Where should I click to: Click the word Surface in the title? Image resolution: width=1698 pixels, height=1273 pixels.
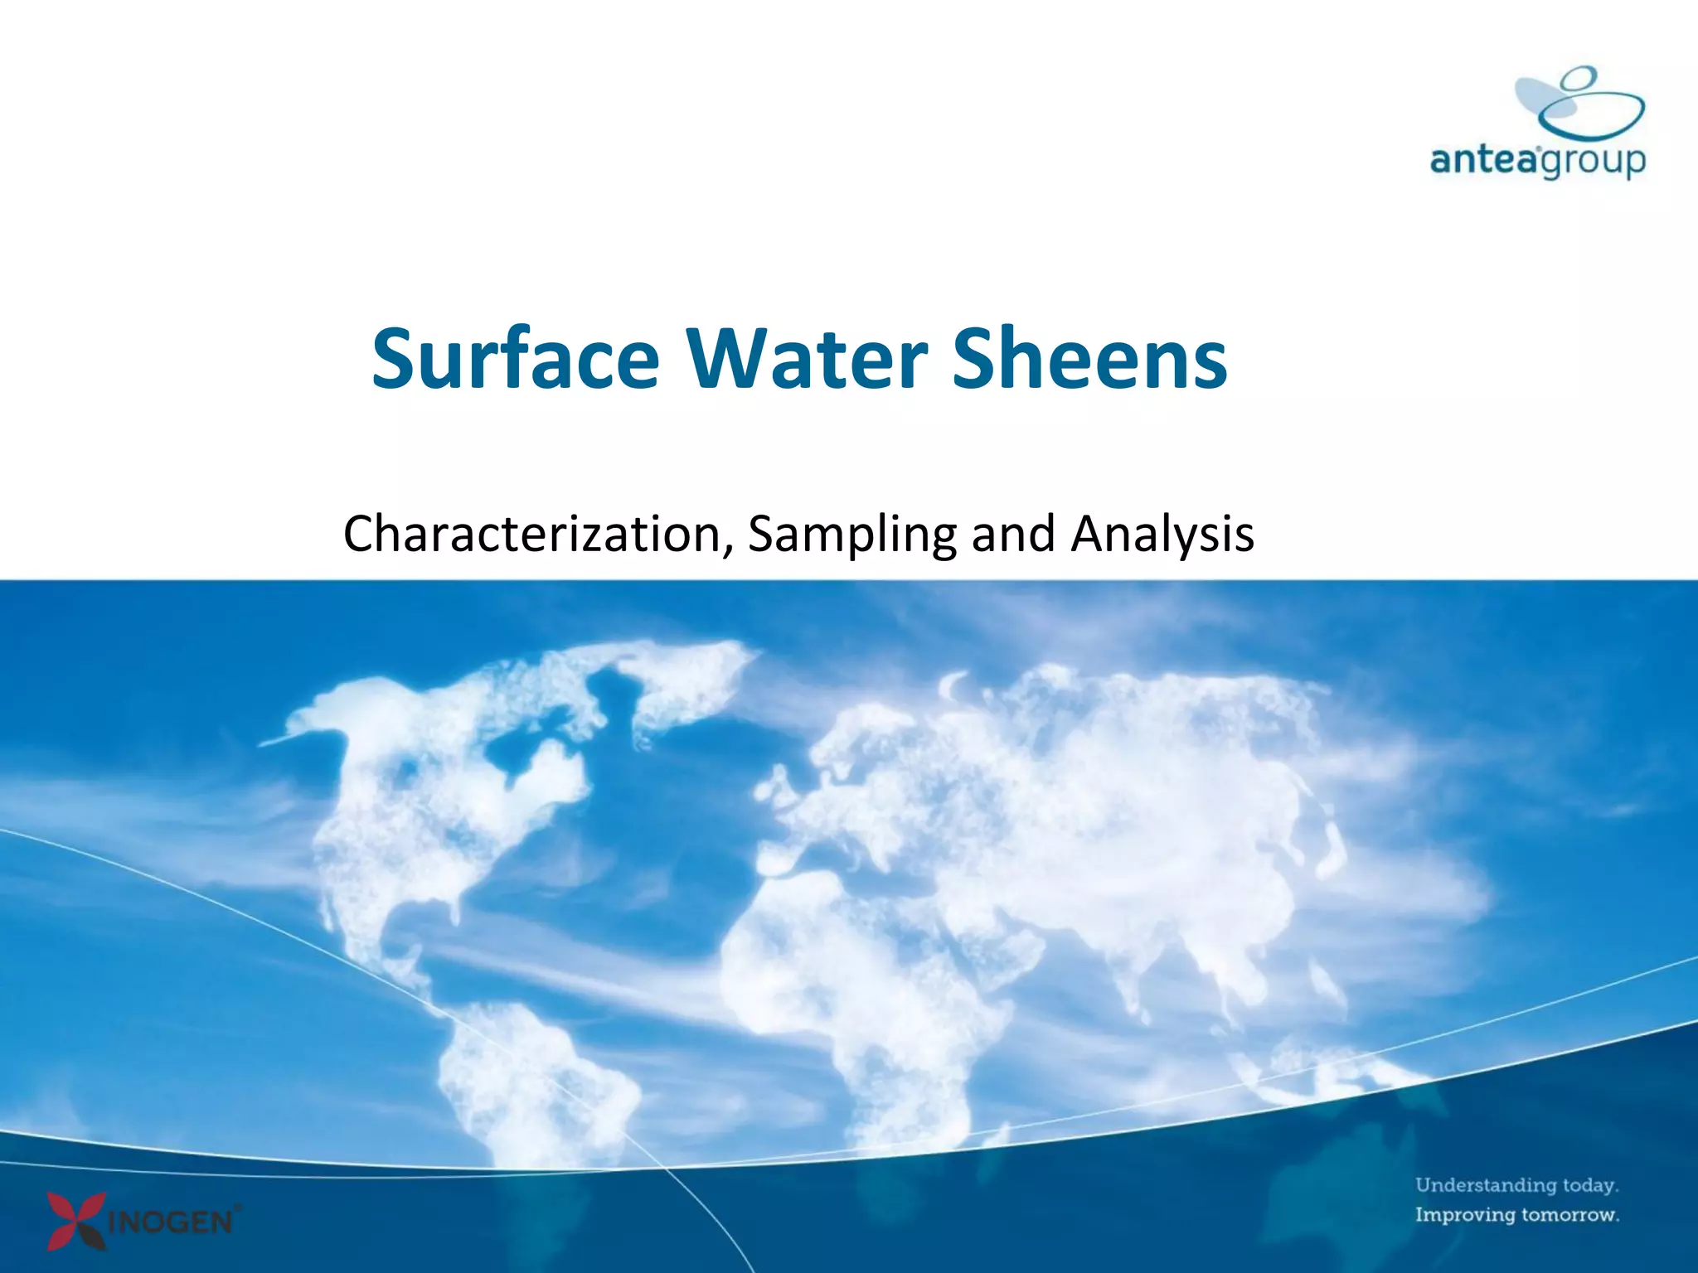point(515,359)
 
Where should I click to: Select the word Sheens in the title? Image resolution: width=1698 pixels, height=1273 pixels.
point(1089,359)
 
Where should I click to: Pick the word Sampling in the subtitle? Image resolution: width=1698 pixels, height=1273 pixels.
point(851,534)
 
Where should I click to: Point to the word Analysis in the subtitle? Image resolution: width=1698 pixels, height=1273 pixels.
point(1162,534)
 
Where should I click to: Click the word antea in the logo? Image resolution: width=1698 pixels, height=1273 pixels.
point(1484,159)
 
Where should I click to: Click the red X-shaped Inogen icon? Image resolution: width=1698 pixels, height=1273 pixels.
point(76,1220)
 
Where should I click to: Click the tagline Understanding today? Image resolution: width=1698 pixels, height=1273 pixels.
point(1516,1185)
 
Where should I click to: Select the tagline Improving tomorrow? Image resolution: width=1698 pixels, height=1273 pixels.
point(1516,1215)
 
